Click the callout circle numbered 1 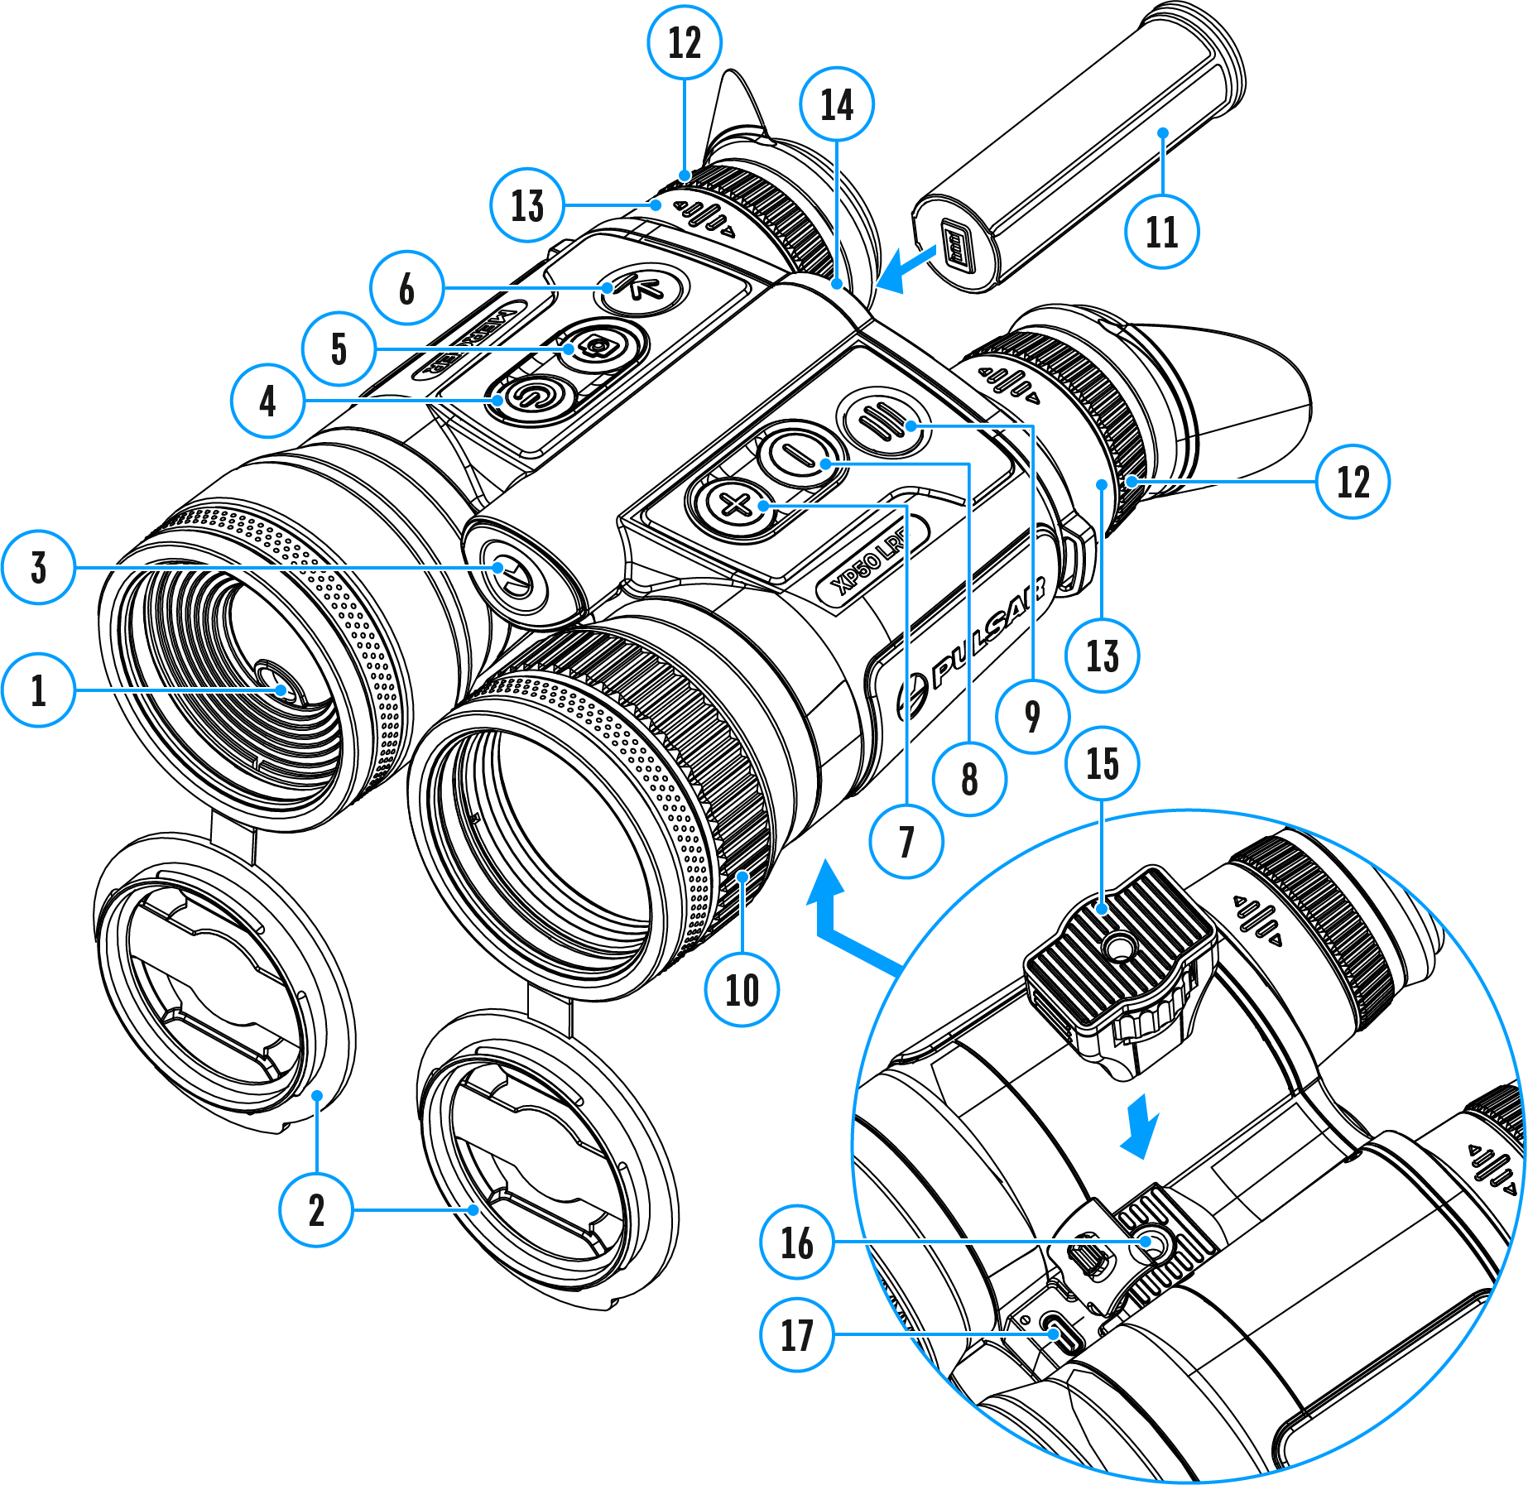[x=39, y=690]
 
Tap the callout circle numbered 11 [x=1161, y=232]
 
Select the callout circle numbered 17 [x=796, y=1334]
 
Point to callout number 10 [x=742, y=989]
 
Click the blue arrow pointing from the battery [x=906, y=269]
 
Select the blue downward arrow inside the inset [x=1141, y=1126]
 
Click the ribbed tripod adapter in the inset [x=1117, y=960]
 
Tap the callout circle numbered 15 [x=1102, y=763]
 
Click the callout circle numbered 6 [x=406, y=288]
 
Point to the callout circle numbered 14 [x=837, y=105]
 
